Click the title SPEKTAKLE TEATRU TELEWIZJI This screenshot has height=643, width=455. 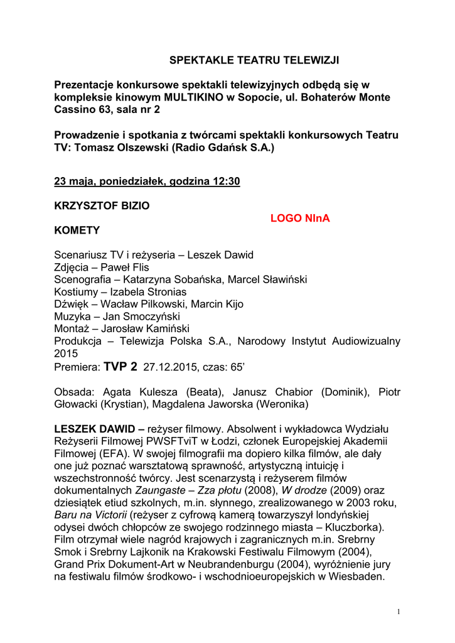tap(254, 60)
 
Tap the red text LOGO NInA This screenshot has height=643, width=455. tap(299, 219)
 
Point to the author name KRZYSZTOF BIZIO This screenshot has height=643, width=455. tap(102, 205)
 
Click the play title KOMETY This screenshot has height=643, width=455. tap(77, 230)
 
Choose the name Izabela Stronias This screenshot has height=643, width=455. tap(148, 292)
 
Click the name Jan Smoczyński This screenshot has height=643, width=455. tap(140, 316)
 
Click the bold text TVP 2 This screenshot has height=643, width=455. tap(120, 366)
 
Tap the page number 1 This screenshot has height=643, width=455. tap(398, 612)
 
